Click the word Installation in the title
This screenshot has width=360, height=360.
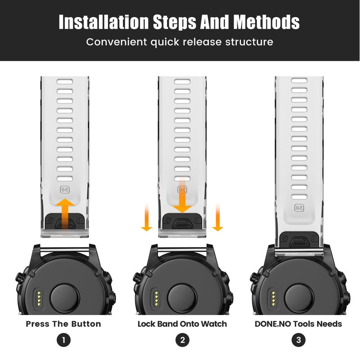point(103,22)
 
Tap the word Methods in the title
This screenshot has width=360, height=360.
point(266,22)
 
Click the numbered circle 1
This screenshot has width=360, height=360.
point(63,340)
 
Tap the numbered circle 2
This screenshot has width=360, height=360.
point(182,340)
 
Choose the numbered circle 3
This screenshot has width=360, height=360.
point(298,340)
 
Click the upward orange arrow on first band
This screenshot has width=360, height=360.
point(65,216)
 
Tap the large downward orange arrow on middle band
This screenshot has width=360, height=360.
point(182,195)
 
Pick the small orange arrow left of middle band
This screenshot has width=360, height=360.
point(147,217)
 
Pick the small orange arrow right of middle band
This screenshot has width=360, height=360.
point(218,217)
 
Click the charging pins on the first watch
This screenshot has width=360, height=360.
point(39,298)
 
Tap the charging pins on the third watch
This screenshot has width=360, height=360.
point(273,298)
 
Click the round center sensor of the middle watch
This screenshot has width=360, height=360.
point(182,298)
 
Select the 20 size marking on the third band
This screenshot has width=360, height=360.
point(299,208)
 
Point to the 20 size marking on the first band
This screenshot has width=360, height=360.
point(65,189)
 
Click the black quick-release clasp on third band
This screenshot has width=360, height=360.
point(299,241)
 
